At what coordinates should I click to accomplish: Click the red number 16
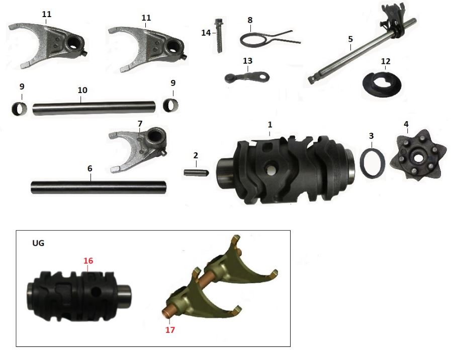[x=88, y=261]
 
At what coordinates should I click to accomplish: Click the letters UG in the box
[x=38, y=243]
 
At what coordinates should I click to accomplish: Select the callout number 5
[x=350, y=39]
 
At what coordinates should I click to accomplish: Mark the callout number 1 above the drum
[x=269, y=123]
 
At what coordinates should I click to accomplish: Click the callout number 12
[x=385, y=61]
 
